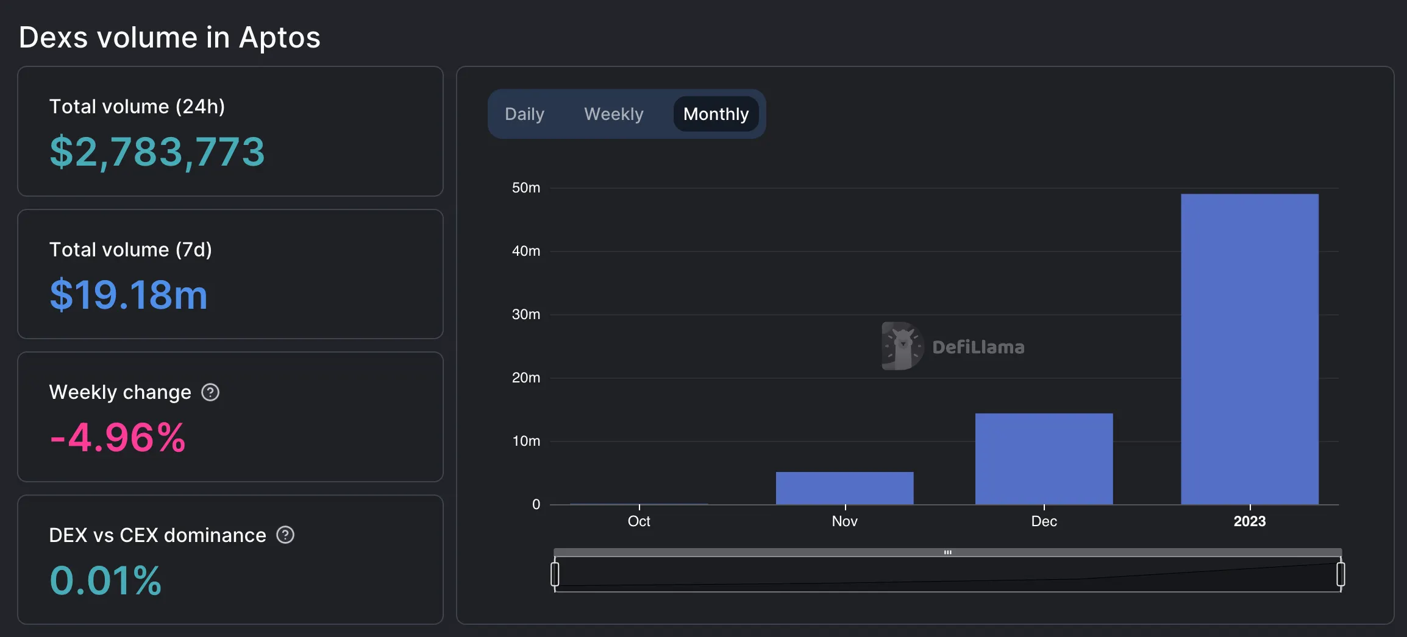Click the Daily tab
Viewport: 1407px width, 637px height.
[x=524, y=114]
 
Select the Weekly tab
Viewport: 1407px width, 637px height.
[x=613, y=114]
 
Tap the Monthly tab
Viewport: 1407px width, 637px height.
[x=716, y=114]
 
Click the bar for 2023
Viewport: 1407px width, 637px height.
[x=1249, y=349]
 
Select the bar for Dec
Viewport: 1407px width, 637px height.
[x=1044, y=459]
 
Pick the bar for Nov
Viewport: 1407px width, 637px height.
[x=844, y=488]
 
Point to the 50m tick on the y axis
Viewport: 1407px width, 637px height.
[x=526, y=188]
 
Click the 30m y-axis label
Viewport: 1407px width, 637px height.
[x=526, y=314]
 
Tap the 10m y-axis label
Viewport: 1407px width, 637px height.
[x=526, y=441]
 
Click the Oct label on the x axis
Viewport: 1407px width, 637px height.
[x=639, y=521]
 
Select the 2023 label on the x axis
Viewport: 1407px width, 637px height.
[x=1249, y=521]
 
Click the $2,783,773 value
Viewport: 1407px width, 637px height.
[x=157, y=152]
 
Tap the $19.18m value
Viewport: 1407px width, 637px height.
[x=129, y=295]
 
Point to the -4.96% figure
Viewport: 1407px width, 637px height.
[x=118, y=437]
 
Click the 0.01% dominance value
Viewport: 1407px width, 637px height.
[x=105, y=580]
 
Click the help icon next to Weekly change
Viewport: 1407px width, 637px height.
[x=210, y=392]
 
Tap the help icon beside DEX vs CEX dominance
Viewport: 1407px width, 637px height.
[x=285, y=535]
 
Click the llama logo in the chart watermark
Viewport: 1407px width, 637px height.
[x=902, y=346]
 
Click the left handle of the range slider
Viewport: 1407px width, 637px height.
[x=555, y=574]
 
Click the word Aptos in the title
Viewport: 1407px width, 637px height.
[x=279, y=38]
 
